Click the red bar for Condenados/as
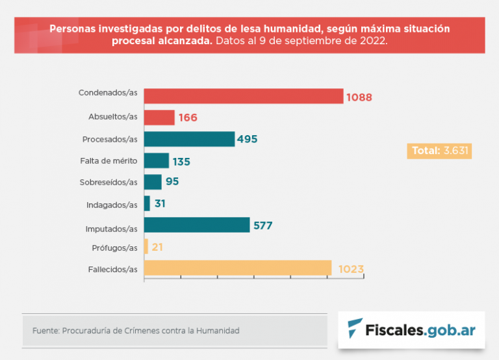coord(243,96)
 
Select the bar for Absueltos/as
coord(159,118)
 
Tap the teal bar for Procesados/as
coord(189,139)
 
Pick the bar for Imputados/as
coord(197,225)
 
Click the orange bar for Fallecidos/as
coord(238,268)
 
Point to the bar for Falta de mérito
coord(157,161)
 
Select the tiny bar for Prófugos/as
coord(146,246)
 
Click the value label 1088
coord(359,97)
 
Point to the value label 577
coord(262,225)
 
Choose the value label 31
coord(160,203)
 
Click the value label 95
coord(172,182)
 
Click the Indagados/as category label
coord(112,205)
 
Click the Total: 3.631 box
coord(439,151)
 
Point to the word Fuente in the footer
coord(44,331)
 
